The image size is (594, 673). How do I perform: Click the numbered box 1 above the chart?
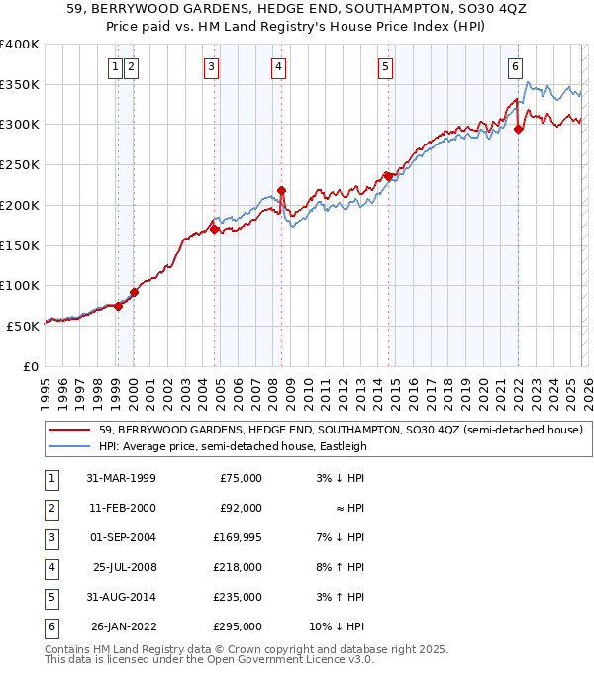117,67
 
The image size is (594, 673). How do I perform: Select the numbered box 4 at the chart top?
279,67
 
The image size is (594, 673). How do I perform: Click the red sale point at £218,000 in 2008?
281,190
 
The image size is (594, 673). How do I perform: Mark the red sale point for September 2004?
214,229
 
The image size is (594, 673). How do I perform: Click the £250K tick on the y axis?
20,164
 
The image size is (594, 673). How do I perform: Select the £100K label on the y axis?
20,285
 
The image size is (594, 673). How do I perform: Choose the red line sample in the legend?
70,431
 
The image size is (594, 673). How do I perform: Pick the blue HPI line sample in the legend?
70,446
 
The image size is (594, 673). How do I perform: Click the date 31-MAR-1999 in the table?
122,478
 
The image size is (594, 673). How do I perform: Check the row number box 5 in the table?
49,597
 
